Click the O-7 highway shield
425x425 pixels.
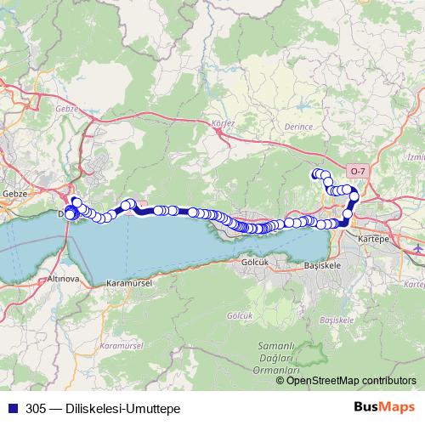360,170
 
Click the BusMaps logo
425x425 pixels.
382,408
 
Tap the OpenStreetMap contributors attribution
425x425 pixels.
345,380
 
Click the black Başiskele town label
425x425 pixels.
322,265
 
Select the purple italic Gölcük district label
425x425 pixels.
241,315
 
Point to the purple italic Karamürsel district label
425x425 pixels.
118,346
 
